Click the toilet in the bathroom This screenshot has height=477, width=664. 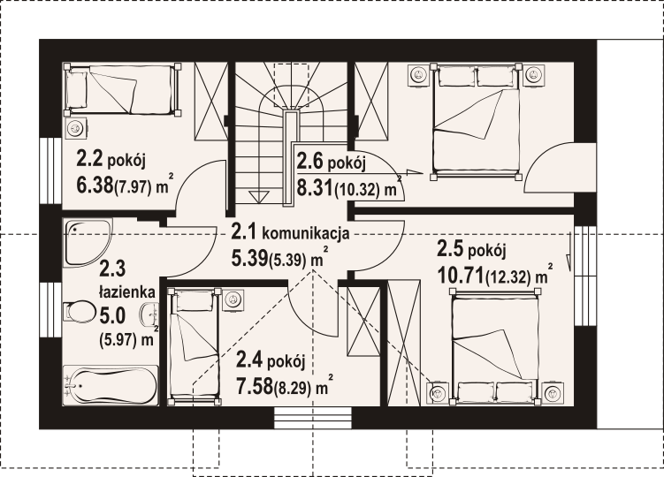[x=80, y=313]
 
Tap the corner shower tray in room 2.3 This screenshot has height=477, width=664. [x=87, y=242]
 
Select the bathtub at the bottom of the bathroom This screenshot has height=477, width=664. [x=111, y=385]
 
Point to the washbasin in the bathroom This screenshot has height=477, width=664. [x=149, y=314]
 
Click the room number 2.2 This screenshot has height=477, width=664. [x=89, y=159]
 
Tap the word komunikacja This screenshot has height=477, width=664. [x=306, y=233]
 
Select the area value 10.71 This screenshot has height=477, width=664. [x=461, y=276]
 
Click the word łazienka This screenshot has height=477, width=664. [x=127, y=291]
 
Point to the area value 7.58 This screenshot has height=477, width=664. [x=255, y=386]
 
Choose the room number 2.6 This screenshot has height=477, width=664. [x=310, y=162]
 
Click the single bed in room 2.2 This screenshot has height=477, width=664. [x=122, y=89]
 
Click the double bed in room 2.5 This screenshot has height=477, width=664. [x=495, y=345]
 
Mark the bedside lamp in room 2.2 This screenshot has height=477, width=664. [x=76, y=127]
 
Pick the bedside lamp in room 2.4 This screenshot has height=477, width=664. [x=233, y=300]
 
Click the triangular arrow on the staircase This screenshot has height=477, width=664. [x=259, y=197]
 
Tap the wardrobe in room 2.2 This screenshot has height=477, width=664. [x=211, y=102]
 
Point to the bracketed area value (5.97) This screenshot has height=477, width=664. [x=121, y=339]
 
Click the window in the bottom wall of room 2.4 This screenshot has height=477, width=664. [x=313, y=418]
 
